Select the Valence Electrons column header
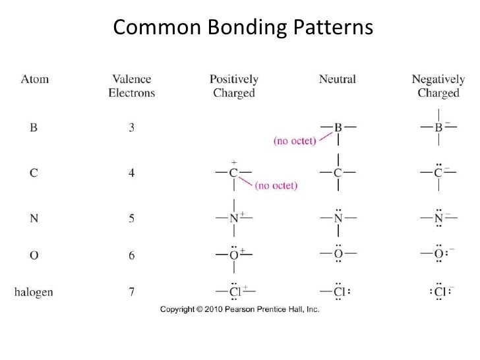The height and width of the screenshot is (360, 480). [x=131, y=86]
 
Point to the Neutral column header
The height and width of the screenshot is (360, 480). [x=337, y=79]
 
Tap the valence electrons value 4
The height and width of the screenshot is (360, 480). [x=131, y=173]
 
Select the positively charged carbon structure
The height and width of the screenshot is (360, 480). [x=233, y=173]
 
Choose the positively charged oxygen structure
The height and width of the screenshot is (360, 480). [x=233, y=255]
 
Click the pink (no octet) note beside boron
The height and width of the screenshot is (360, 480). [x=295, y=140]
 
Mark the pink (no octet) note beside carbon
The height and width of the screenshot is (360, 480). [x=276, y=186]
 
